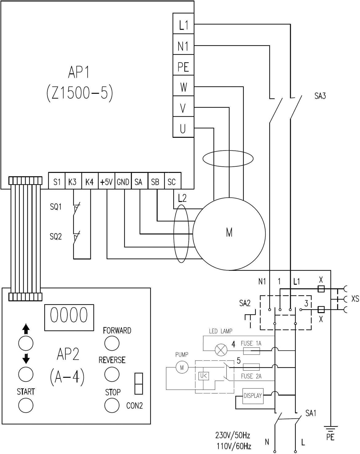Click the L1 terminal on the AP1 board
[183, 23]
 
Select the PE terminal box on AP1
[183, 65]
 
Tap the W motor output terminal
[183, 86]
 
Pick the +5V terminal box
[106, 181]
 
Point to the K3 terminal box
[73, 181]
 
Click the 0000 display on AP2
[69, 317]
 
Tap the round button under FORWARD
[112, 343]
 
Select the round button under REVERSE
[112, 374]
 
